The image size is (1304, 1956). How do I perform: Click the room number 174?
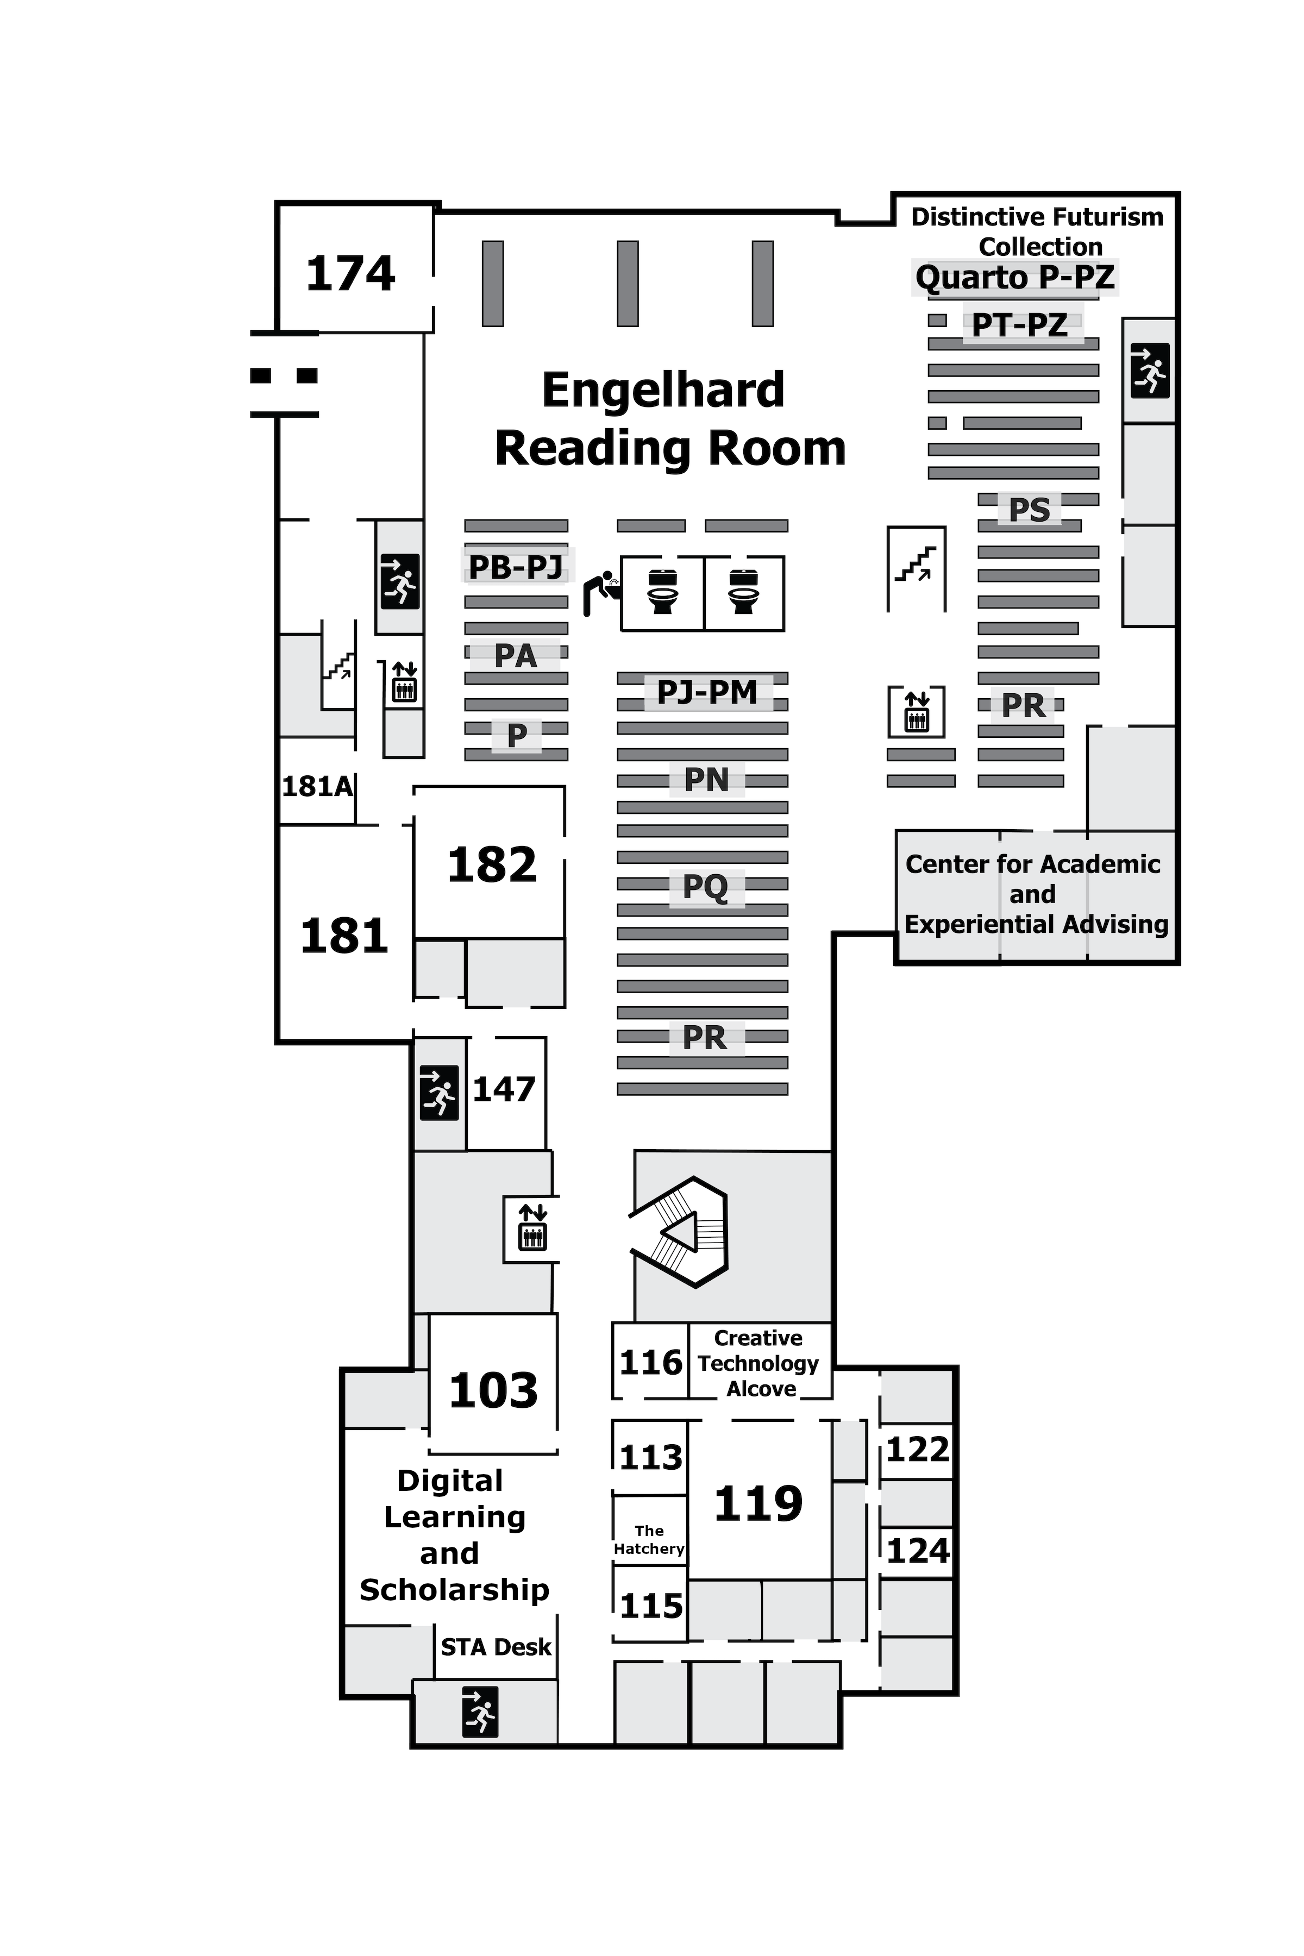click(350, 274)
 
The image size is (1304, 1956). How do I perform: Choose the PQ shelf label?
click(705, 887)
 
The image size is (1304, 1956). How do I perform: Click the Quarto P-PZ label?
click(1014, 277)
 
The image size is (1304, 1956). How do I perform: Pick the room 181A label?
click(317, 786)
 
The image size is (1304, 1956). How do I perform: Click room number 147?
click(504, 1089)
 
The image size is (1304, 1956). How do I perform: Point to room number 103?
click(493, 1390)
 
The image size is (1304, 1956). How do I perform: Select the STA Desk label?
click(496, 1647)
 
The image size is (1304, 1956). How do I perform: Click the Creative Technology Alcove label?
click(758, 1363)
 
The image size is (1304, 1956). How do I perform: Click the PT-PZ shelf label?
click(1020, 325)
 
